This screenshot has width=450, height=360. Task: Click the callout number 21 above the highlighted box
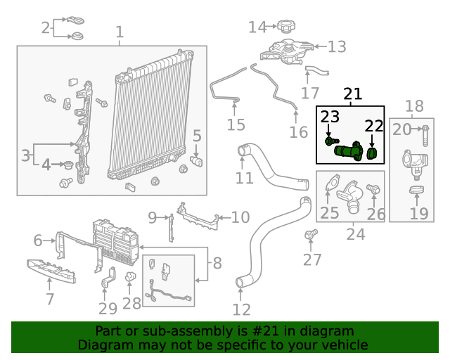coord(352,94)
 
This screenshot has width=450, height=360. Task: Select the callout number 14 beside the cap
coord(258,27)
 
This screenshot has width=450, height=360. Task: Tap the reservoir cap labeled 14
coord(285,27)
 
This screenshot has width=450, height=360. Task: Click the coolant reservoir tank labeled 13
coord(288,51)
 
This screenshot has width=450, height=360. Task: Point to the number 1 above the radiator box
coord(119,32)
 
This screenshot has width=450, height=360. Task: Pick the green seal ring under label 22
coord(373,150)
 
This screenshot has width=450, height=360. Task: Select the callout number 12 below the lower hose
coord(241,309)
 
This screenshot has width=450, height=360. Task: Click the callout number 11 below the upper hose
coord(244,178)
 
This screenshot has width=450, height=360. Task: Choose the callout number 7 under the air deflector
coord(49,300)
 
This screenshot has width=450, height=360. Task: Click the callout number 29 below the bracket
coord(108,309)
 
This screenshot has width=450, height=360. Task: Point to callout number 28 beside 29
coord(131,304)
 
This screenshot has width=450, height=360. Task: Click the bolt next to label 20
coord(427,129)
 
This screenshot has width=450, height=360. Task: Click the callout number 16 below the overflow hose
coord(299,132)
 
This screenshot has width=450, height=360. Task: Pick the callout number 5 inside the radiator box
coord(197,136)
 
